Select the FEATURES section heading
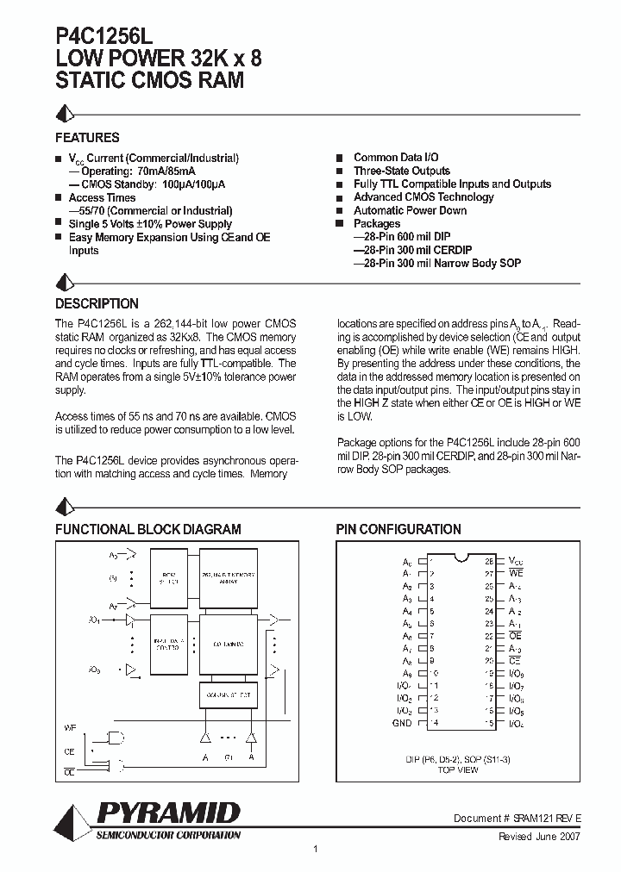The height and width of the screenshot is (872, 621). pyautogui.click(x=87, y=138)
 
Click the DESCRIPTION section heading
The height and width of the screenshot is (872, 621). pyautogui.click(x=97, y=304)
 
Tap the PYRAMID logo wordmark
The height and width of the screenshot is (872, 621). pyautogui.click(x=168, y=813)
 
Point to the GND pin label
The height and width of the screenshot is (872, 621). pyautogui.click(x=401, y=722)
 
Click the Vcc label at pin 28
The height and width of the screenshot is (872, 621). pyautogui.click(x=516, y=560)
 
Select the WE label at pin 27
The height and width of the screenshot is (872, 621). pyautogui.click(x=516, y=572)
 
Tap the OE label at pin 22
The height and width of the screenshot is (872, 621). pyautogui.click(x=515, y=635)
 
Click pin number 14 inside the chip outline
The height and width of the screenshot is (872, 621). pyautogui.click(x=435, y=722)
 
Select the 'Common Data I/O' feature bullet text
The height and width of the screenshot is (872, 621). pyautogui.click(x=396, y=158)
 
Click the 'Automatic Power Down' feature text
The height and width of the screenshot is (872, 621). pyautogui.click(x=410, y=210)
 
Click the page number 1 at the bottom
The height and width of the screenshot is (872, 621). pyautogui.click(x=316, y=850)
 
